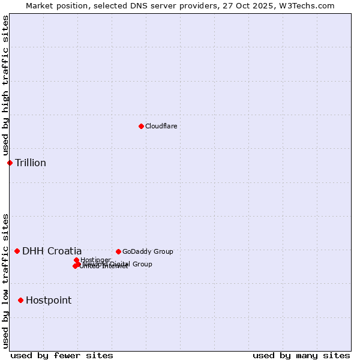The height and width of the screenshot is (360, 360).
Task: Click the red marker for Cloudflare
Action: click(x=141, y=126)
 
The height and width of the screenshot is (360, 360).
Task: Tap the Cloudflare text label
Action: click(x=161, y=126)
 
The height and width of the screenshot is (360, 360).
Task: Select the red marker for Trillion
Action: click(x=10, y=163)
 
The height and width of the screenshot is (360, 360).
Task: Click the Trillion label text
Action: click(x=31, y=163)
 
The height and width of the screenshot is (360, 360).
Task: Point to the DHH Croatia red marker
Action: click(x=17, y=251)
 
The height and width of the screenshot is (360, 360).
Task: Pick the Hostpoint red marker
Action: click(x=20, y=300)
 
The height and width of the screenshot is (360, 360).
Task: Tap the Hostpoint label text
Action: click(x=49, y=300)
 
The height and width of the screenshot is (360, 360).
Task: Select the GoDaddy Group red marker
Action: click(x=118, y=251)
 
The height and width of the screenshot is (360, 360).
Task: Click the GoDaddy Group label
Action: click(x=148, y=251)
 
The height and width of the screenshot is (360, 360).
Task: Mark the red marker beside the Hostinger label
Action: click(x=76, y=260)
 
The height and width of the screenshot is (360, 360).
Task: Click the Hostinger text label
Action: click(x=96, y=260)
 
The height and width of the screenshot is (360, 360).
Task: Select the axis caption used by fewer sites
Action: click(x=62, y=355)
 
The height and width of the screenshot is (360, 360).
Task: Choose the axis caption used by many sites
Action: click(x=301, y=355)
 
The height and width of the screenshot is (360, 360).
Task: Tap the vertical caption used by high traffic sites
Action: click(x=5, y=86)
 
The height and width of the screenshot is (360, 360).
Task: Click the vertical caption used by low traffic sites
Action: click(x=5, y=281)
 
